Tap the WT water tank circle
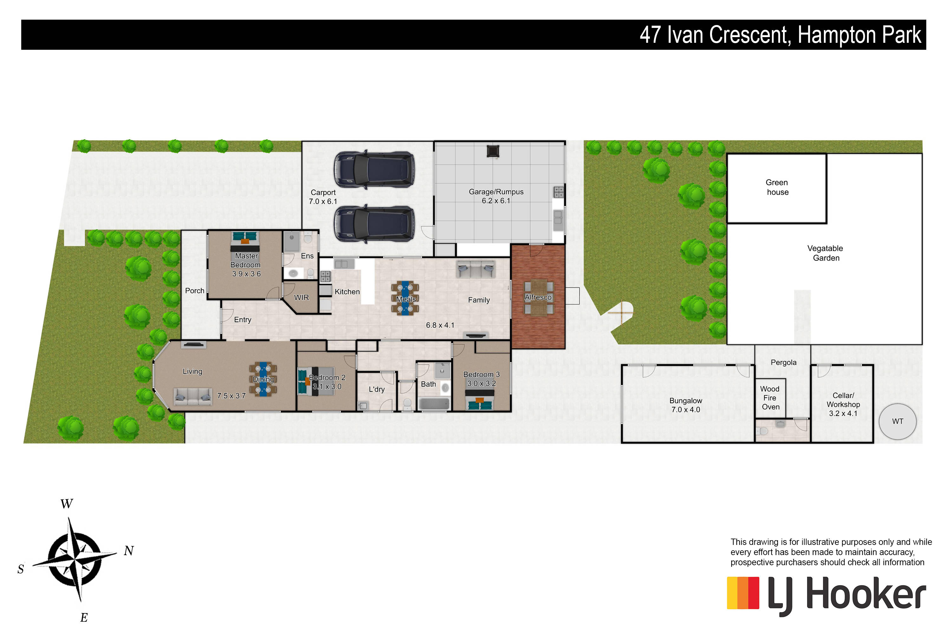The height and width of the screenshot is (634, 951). (x=898, y=421)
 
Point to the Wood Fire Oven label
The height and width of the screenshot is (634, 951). (x=770, y=398)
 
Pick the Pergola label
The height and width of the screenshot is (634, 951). (x=783, y=362)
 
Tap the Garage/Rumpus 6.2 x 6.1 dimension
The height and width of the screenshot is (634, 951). (x=496, y=201)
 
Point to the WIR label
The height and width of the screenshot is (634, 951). (x=301, y=298)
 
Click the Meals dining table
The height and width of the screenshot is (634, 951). (x=405, y=298)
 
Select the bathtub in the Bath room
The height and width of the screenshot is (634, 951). (x=434, y=404)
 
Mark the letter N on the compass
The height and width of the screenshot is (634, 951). (x=129, y=551)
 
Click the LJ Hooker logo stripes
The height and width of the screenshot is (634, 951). (x=743, y=593)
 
